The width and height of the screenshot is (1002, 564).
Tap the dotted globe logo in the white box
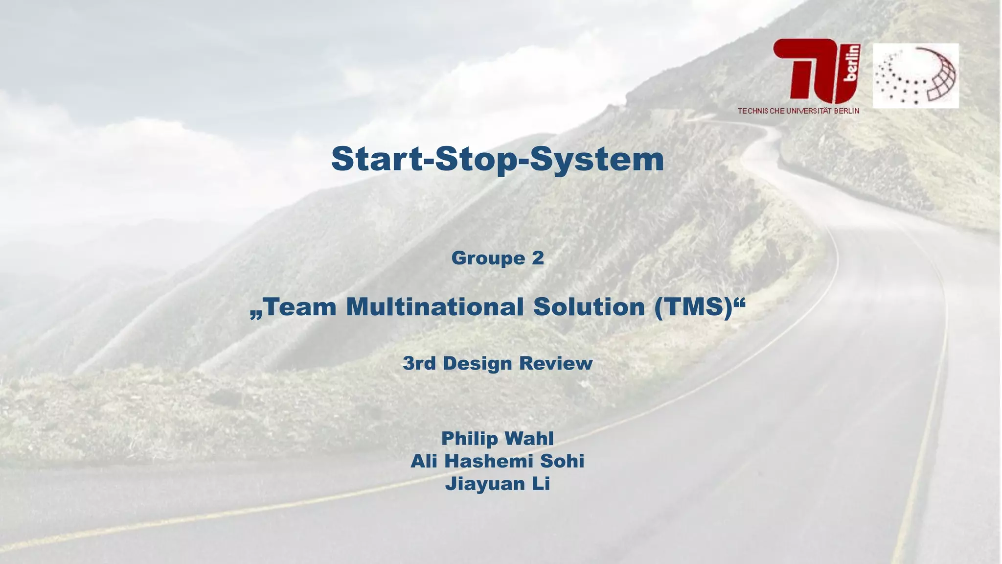915,75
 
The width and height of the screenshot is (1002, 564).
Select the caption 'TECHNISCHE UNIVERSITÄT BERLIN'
798,111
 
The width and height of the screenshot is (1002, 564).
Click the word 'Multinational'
435,307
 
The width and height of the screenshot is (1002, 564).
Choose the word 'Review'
556,363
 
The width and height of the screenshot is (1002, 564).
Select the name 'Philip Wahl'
497,438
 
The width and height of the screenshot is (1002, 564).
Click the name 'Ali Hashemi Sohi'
497,461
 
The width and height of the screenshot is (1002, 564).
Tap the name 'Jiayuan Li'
497,484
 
